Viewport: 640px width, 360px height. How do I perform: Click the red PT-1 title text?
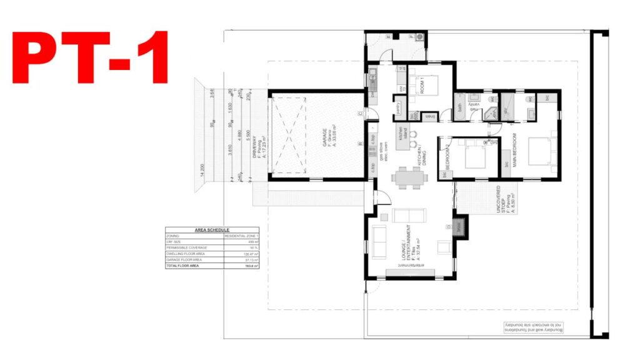pyautogui.click(x=91, y=57)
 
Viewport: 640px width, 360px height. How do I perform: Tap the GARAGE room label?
pyautogui.click(x=324, y=138)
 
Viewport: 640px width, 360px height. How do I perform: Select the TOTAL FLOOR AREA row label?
pyautogui.click(x=182, y=266)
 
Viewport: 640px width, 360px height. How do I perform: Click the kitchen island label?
pyautogui.click(x=404, y=132)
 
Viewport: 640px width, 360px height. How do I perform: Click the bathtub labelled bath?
pyautogui.click(x=461, y=107)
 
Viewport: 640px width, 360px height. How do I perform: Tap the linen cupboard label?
pyautogui.click(x=431, y=116)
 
